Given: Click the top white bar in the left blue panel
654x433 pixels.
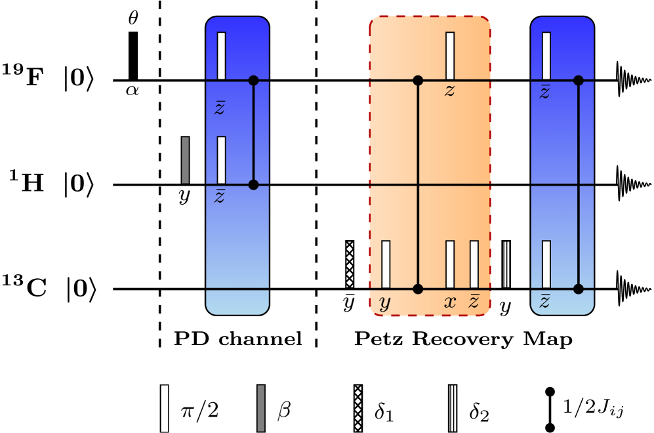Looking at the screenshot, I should click(x=221, y=56).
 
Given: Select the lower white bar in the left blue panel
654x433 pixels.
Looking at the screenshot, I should click(x=221, y=160).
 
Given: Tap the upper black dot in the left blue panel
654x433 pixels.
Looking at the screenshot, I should click(x=254, y=81).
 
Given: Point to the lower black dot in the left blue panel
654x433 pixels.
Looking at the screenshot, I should click(x=254, y=185).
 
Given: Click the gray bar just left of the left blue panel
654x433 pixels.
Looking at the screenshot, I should click(x=185, y=160).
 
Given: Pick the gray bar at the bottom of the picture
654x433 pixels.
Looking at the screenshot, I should click(x=261, y=408).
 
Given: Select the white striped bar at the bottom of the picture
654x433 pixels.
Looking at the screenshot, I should click(x=165, y=408).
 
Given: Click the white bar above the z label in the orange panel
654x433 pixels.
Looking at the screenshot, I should click(x=450, y=56).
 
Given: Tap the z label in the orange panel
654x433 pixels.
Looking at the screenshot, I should click(x=449, y=91).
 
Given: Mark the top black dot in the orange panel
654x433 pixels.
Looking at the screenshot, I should click(x=418, y=81).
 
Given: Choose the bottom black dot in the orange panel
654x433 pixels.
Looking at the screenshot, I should click(x=418, y=289).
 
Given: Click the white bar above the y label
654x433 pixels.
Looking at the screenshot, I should click(x=386, y=264).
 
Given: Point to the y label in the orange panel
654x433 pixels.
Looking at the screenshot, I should click(x=385, y=303).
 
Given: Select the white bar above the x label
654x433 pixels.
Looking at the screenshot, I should click(x=450, y=264).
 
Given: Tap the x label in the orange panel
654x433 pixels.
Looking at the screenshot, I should click(x=450, y=302).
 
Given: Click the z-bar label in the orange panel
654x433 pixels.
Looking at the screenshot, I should click(x=474, y=301).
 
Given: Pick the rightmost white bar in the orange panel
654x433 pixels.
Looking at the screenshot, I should click(x=474, y=264).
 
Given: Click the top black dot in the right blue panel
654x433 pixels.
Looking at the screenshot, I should click(x=578, y=81).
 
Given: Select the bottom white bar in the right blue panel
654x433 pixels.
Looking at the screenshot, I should click(x=546, y=264).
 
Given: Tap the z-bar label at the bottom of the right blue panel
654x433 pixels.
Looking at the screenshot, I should click(x=544, y=301).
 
